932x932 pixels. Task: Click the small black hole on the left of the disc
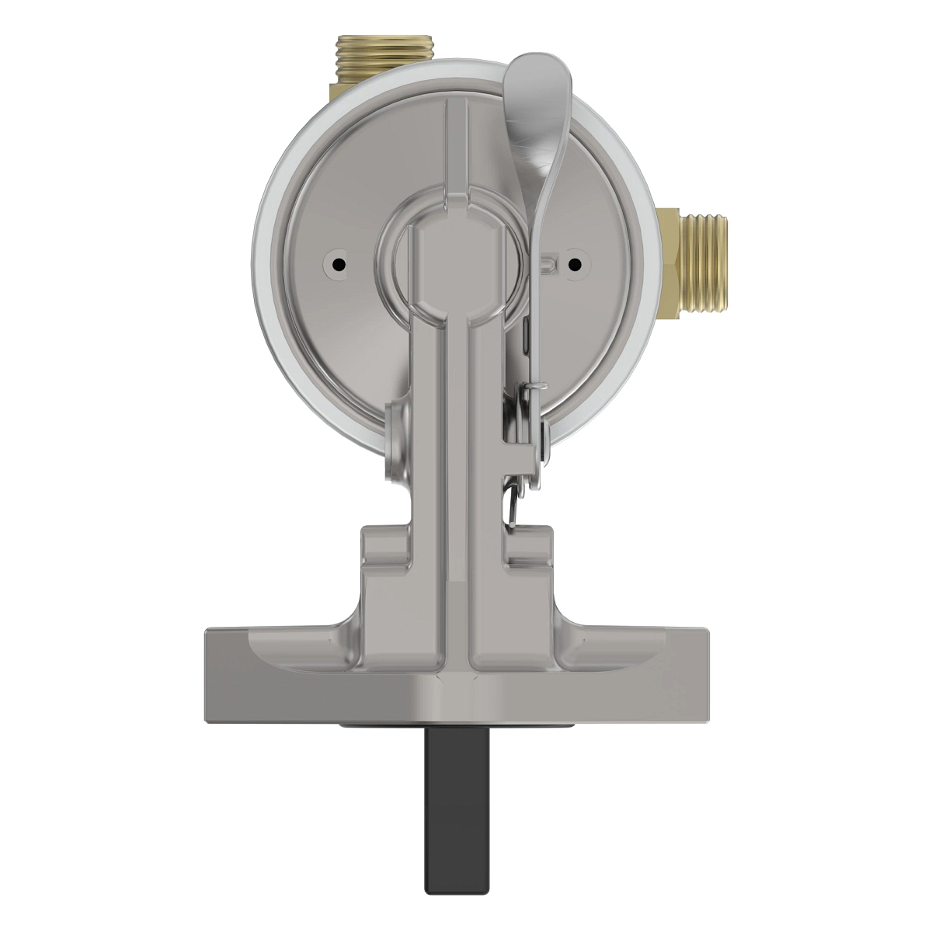pyautogui.click(x=339, y=264)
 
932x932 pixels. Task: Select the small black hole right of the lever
pyautogui.click(x=574, y=264)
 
